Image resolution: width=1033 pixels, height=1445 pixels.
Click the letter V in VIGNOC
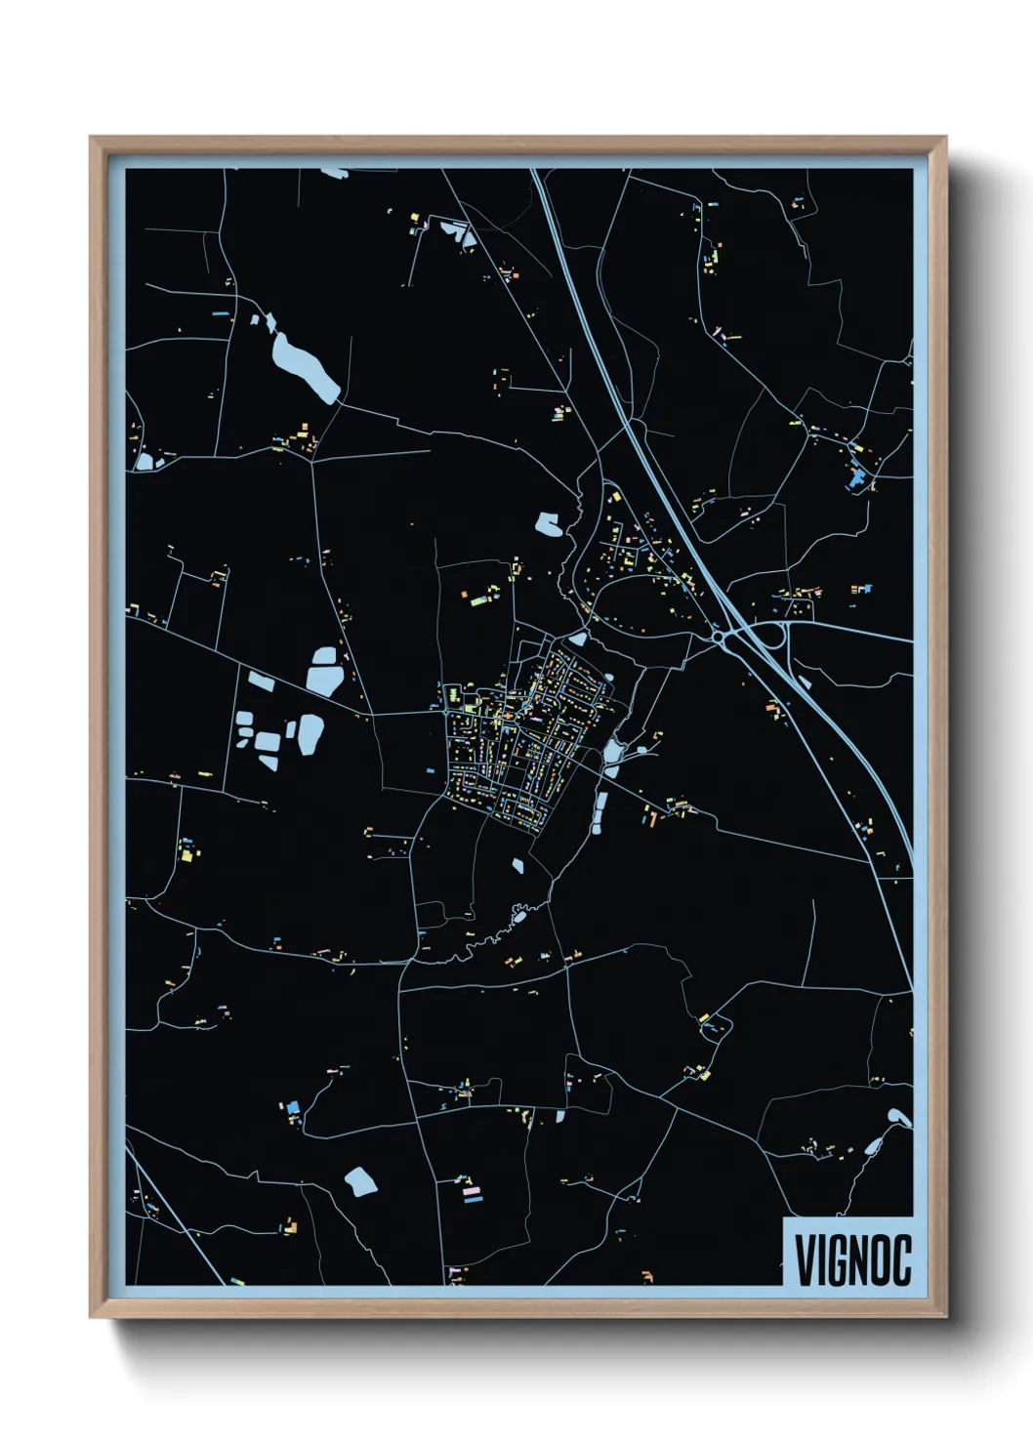click(x=806, y=1260)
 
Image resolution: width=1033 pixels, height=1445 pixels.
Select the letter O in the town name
click(x=881, y=1260)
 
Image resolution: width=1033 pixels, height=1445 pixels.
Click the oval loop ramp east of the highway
click(x=770, y=638)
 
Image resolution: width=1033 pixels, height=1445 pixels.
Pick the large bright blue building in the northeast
click(x=859, y=477)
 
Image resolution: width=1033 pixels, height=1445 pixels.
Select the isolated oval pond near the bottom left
click(x=360, y=1182)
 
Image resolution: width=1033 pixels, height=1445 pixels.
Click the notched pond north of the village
click(x=549, y=525)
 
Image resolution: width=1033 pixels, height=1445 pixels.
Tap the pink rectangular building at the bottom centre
click(x=473, y=1192)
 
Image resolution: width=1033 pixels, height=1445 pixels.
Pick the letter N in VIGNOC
click(x=859, y=1260)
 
